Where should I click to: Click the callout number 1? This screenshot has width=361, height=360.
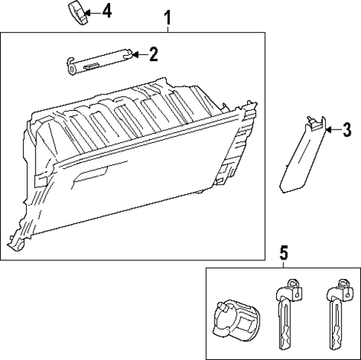[168, 15]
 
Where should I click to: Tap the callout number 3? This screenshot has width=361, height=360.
[346, 131]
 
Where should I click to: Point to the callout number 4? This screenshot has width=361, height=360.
[106, 13]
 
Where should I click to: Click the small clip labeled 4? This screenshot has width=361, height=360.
[77, 13]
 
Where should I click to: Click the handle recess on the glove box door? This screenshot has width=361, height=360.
[95, 177]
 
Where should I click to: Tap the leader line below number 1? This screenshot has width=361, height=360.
[168, 26]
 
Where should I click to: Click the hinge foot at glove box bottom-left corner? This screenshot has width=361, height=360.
[16, 242]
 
